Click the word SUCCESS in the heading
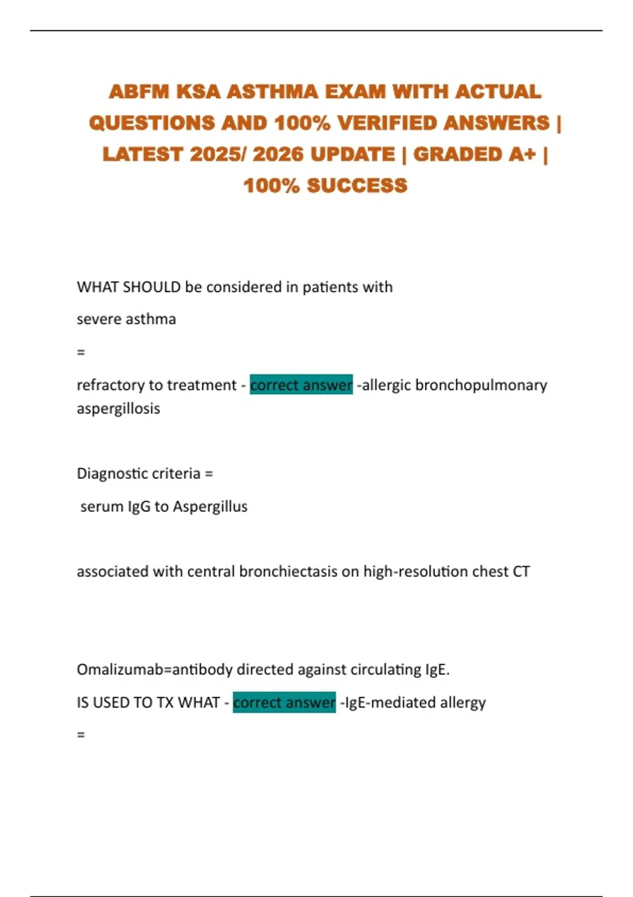tap(357, 186)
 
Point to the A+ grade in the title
tap(522, 155)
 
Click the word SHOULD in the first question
tap(151, 287)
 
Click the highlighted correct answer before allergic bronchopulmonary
tap(301, 385)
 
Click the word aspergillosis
tap(118, 409)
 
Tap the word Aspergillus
tap(210, 507)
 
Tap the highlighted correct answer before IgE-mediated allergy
tap(284, 702)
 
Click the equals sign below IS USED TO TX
tap(81, 734)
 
